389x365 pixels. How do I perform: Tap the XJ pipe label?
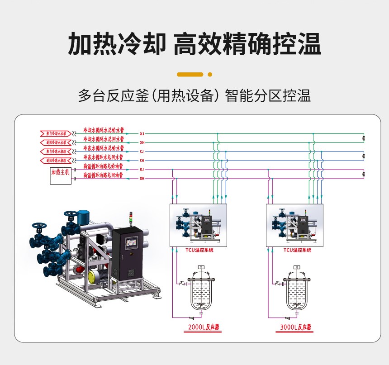coord(142,134)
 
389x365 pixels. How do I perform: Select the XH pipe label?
coord(142,142)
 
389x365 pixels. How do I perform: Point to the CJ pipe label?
coord(142,152)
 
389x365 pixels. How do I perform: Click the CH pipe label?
coord(142,161)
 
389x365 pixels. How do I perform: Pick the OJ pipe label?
coord(142,170)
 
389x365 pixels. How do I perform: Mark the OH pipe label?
coord(142,179)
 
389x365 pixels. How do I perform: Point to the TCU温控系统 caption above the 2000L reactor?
coord(199,250)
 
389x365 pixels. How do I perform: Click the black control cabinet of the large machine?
coord(130,253)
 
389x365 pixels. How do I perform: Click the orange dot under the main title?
coord(209,74)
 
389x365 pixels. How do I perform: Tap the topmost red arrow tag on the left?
coord(56,133)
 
